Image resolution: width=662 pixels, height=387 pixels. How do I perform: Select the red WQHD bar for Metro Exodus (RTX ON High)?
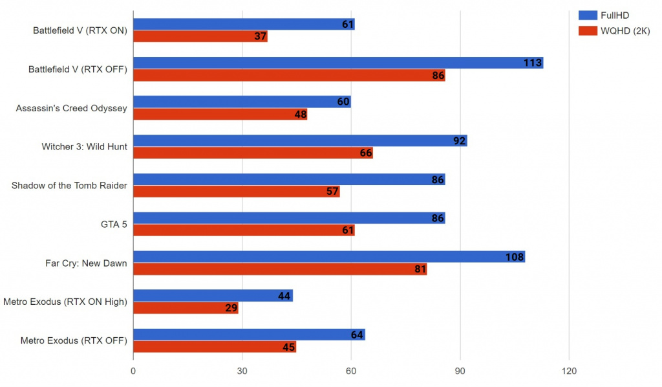(x=186, y=308)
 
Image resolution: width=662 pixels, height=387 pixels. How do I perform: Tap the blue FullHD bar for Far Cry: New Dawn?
(x=328, y=257)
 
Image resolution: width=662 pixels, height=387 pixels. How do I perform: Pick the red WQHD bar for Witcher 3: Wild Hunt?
(x=253, y=153)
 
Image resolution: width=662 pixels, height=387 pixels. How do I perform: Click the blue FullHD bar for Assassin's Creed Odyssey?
(x=242, y=102)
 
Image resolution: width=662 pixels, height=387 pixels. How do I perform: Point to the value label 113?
(x=533, y=63)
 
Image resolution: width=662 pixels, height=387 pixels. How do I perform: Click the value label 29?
(x=231, y=308)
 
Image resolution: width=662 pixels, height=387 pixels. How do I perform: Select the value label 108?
(x=515, y=257)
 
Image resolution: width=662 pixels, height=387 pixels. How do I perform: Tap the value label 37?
(x=260, y=36)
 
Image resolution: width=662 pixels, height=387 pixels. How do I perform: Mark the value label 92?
(x=460, y=140)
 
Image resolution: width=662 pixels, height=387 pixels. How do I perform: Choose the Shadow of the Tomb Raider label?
(x=69, y=186)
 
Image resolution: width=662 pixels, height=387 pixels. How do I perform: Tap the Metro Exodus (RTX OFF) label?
(x=74, y=340)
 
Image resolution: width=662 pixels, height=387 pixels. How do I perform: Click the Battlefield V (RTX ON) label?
(x=80, y=30)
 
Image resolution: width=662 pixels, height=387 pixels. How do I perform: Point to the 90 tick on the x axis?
(x=460, y=371)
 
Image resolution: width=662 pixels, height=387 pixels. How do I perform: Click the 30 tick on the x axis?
(x=242, y=371)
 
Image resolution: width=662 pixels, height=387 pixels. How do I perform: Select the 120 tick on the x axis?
(x=569, y=371)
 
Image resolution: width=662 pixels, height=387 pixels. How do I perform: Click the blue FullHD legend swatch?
(x=587, y=16)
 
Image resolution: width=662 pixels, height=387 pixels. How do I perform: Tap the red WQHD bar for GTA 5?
(x=244, y=230)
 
